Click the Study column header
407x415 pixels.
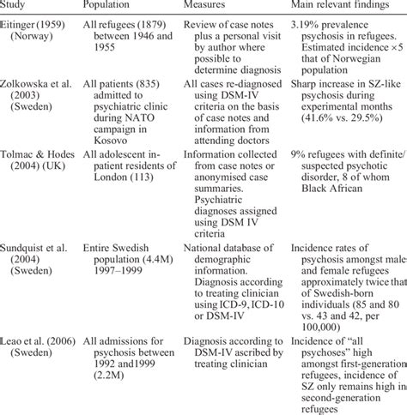[x=16, y=7]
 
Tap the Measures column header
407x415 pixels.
[x=210, y=7]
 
